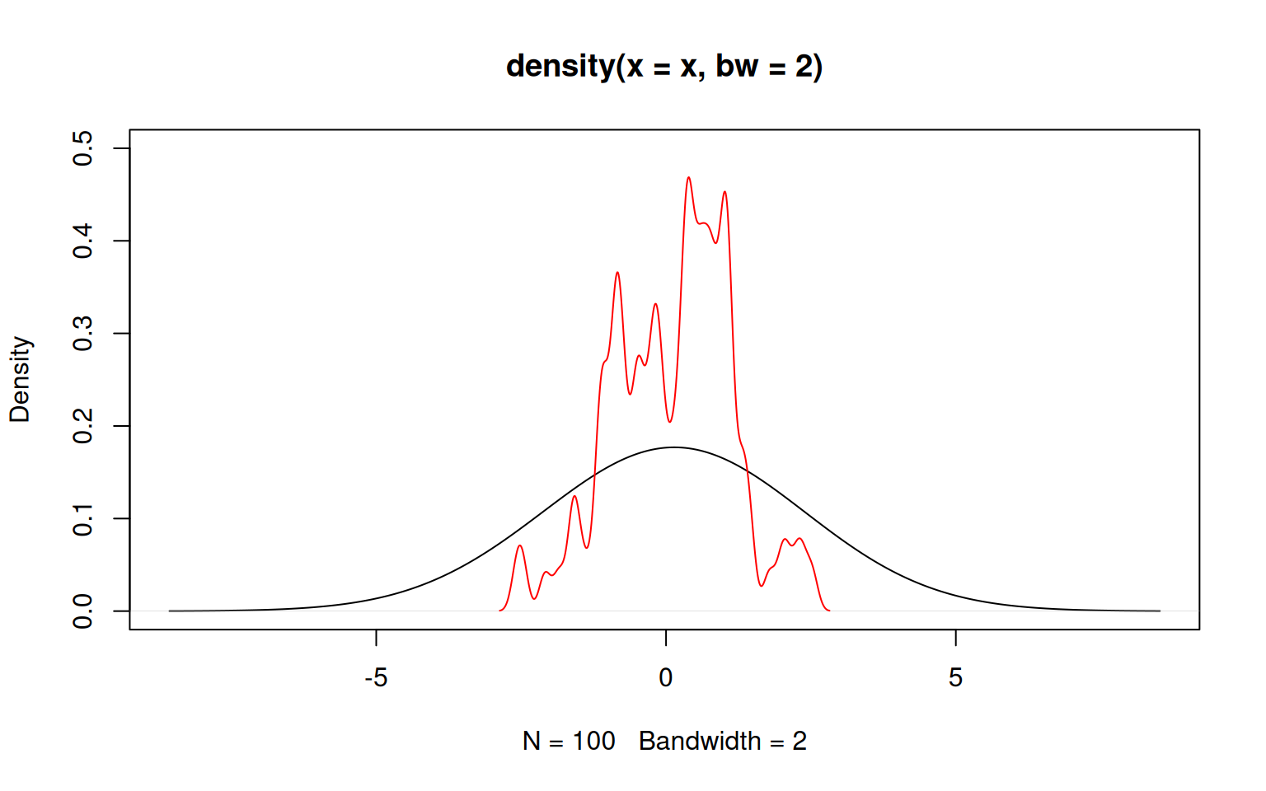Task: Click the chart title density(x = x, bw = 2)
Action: click(x=664, y=66)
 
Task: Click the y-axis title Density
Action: click(x=20, y=379)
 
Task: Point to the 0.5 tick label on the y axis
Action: click(x=83, y=148)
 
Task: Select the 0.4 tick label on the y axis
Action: click(x=83, y=241)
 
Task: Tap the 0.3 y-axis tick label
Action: click(x=83, y=334)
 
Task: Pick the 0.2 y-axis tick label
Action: click(x=83, y=426)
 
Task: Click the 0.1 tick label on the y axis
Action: click(x=83, y=518)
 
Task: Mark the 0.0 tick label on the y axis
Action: click(x=83, y=611)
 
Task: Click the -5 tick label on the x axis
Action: click(x=376, y=678)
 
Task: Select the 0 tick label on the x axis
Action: click(x=666, y=678)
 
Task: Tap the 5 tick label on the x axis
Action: click(x=955, y=678)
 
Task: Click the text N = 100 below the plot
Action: click(x=569, y=742)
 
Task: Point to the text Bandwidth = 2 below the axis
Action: click(x=723, y=742)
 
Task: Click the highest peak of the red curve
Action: click(x=688, y=177)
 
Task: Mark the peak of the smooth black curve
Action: click(x=673, y=447)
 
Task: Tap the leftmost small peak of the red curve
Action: click(x=519, y=545)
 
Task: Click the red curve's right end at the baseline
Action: click(x=829, y=611)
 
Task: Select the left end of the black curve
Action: click(x=170, y=611)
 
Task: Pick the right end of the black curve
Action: click(x=1160, y=611)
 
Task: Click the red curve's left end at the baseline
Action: click(x=500, y=611)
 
